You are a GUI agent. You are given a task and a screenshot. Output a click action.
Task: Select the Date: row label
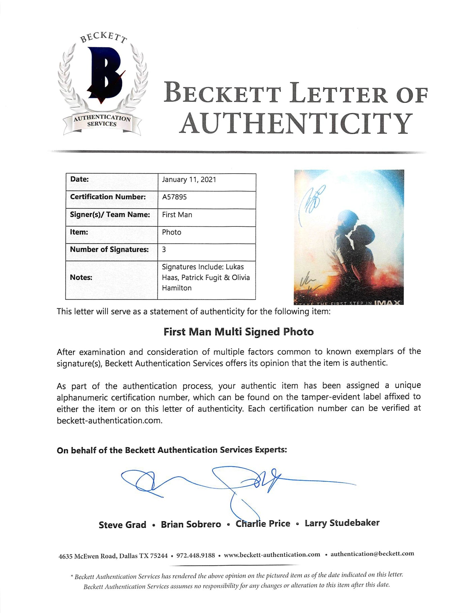click(x=79, y=179)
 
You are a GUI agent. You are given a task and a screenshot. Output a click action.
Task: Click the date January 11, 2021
click(x=189, y=180)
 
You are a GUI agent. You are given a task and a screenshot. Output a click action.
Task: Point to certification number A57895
click(x=174, y=197)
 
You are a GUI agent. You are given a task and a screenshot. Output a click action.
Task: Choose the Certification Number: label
click(x=108, y=197)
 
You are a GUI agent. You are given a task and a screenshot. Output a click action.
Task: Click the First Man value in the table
click(x=177, y=215)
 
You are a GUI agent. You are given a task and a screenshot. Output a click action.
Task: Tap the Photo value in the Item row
click(x=172, y=232)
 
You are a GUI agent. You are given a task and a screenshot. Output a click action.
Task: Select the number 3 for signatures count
click(x=164, y=250)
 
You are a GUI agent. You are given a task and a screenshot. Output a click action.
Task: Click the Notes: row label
click(x=81, y=278)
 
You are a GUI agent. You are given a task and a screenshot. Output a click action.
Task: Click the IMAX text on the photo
click(x=387, y=302)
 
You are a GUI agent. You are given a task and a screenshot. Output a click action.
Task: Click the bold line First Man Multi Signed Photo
click(x=238, y=332)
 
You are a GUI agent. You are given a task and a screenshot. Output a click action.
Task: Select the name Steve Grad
click(x=122, y=525)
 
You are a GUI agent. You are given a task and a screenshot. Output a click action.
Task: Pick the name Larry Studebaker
click(x=342, y=523)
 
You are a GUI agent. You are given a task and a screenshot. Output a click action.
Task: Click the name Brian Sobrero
click(x=191, y=524)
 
